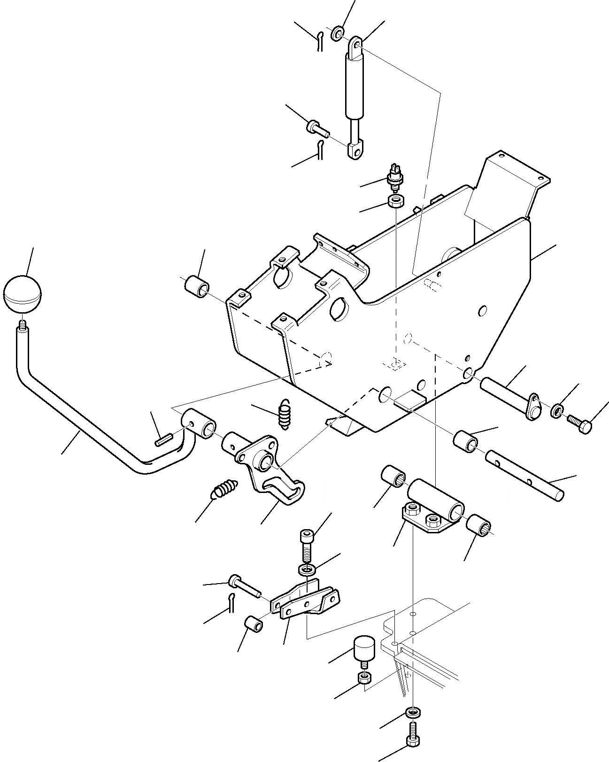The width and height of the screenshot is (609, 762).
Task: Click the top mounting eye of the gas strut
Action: [356, 45]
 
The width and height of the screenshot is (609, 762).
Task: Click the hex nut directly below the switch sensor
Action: [396, 201]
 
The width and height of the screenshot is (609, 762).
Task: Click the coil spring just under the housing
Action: [285, 414]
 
